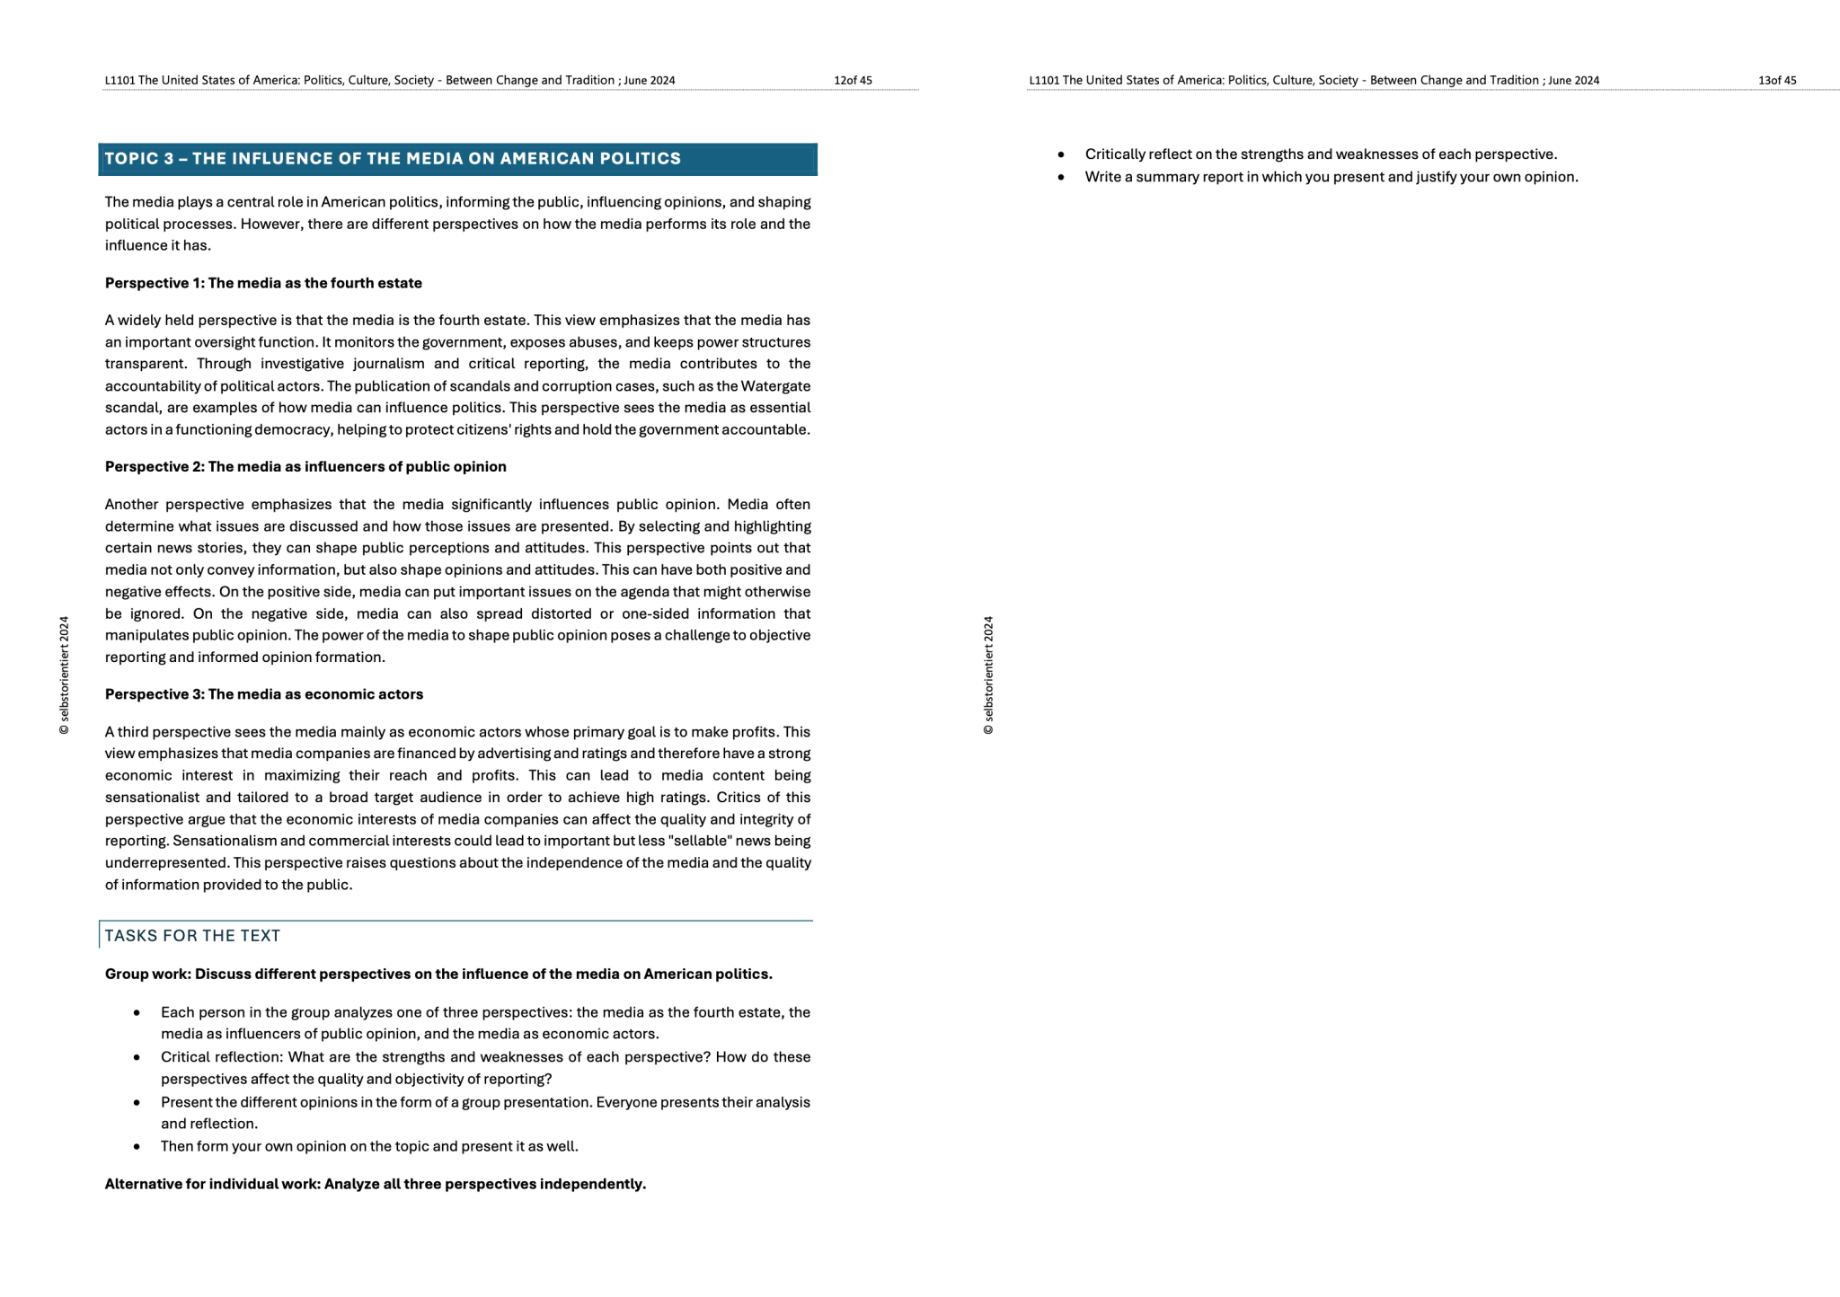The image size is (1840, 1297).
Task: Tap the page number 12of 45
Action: pos(853,80)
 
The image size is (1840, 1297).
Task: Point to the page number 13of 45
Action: pos(1777,80)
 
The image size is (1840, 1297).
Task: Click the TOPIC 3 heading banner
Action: pos(457,159)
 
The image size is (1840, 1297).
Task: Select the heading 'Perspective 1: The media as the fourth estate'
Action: pos(263,283)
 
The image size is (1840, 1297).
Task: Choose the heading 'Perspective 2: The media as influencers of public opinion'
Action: pos(305,467)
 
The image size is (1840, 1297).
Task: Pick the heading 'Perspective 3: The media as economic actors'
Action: pos(264,694)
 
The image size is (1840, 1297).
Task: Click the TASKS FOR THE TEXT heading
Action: pos(192,936)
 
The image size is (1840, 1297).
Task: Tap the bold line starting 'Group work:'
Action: pos(438,975)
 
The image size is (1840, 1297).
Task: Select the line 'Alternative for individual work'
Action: pos(376,1184)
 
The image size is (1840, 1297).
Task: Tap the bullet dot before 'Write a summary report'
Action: pos(1061,178)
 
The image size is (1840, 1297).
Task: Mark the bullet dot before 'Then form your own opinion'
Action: pos(137,1147)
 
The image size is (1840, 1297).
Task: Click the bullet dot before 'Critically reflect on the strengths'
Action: pos(1061,155)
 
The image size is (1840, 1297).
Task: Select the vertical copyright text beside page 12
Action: pos(64,675)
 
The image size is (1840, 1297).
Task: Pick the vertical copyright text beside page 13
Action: pos(988,675)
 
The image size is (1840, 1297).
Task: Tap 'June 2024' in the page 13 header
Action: pos(1573,80)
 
